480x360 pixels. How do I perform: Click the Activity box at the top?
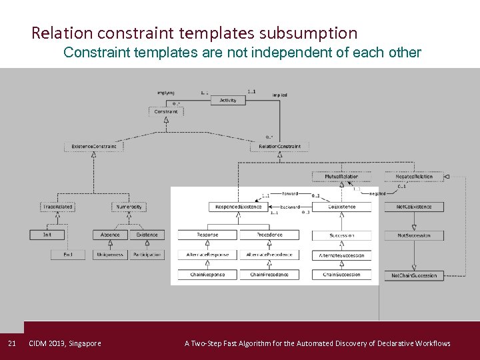point(228,101)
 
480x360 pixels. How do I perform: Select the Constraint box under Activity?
point(166,112)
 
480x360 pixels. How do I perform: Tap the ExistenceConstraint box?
point(94,147)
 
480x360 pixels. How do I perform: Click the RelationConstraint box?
point(280,147)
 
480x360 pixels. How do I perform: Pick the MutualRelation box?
point(341,177)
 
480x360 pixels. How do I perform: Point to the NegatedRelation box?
point(414,177)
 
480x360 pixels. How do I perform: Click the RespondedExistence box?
point(238,207)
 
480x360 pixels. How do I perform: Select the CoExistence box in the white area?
point(342,207)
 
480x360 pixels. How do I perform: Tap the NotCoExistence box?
point(414,207)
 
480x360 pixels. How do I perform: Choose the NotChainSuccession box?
point(414,275)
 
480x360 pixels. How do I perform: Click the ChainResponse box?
point(207,275)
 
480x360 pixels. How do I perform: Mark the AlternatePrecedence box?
point(269,255)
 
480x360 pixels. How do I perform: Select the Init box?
point(47,235)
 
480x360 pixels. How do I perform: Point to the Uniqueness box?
point(110,255)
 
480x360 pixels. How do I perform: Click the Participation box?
point(147,255)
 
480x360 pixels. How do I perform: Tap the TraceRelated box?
point(58,207)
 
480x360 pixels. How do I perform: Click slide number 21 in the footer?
point(11,344)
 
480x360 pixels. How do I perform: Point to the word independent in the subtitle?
point(278,53)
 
